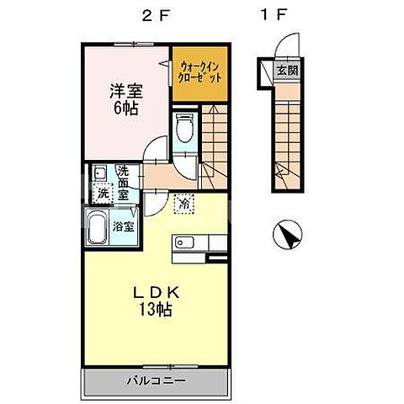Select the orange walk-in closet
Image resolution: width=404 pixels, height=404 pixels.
200,72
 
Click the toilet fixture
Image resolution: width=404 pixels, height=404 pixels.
185,129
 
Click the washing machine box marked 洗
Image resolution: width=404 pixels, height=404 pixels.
103,193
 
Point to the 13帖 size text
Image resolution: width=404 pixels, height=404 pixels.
156,310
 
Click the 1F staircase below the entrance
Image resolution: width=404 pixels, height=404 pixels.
287,135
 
